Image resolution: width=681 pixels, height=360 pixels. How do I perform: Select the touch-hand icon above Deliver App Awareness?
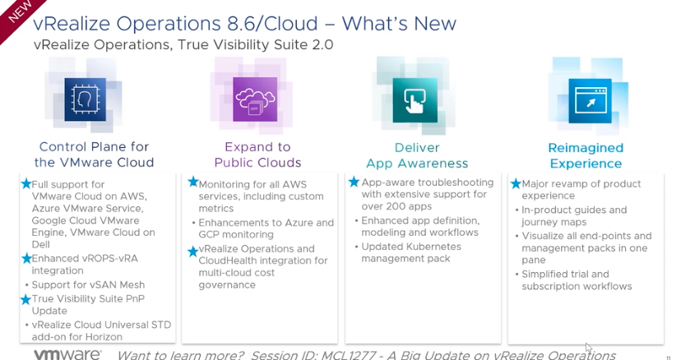(x=408, y=99)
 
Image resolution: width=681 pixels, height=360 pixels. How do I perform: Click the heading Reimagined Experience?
(x=586, y=155)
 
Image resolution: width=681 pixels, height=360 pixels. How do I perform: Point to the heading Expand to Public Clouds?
(x=257, y=155)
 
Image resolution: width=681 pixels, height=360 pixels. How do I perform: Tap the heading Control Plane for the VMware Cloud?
(x=94, y=155)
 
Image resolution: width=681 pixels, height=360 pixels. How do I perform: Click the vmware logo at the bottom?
(x=67, y=354)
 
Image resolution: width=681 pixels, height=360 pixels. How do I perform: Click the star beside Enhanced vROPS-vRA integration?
(x=26, y=258)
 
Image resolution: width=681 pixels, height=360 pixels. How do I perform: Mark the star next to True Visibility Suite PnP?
(x=26, y=298)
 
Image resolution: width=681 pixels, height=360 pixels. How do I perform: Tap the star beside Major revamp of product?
(x=515, y=183)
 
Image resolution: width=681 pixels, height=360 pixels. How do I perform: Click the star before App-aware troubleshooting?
(x=354, y=182)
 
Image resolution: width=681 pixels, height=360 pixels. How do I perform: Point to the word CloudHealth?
(x=229, y=261)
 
